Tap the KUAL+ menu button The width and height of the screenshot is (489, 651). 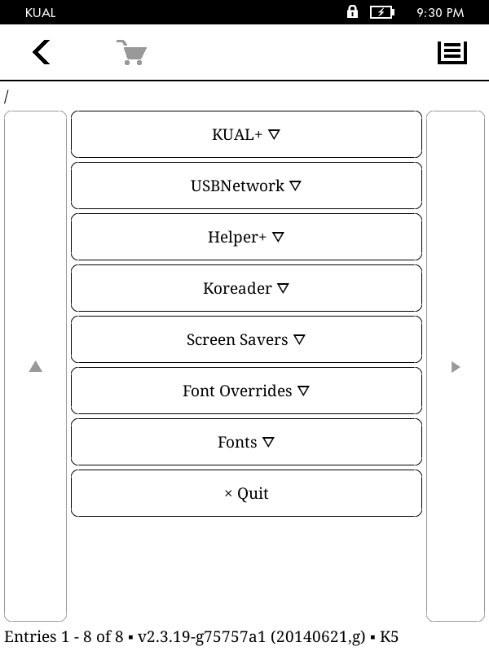[x=246, y=134]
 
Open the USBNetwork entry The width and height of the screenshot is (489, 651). [x=246, y=186]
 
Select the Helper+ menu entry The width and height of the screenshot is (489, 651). [x=246, y=237]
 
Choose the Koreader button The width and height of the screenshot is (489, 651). [x=246, y=288]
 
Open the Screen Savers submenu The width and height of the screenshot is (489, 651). [x=246, y=339]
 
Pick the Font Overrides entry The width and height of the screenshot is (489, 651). [x=246, y=391]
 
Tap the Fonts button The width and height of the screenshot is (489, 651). [x=246, y=442]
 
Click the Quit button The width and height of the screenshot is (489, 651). [x=246, y=493]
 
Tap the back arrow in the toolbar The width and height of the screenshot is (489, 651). [x=42, y=52]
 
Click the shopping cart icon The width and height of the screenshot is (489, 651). [x=132, y=52]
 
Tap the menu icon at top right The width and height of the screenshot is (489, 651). [x=452, y=53]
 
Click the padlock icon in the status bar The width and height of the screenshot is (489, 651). [x=352, y=11]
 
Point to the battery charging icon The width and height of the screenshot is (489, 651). [x=382, y=12]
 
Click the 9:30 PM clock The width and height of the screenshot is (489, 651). [x=440, y=13]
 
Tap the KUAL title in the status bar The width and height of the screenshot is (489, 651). [x=40, y=13]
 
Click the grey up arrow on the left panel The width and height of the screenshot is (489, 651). [x=36, y=366]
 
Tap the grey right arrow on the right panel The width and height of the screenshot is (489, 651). [x=456, y=367]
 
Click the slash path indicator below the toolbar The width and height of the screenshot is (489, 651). [x=7, y=97]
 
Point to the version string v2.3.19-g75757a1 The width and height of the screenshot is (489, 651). [x=201, y=636]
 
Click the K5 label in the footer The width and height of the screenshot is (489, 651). [x=390, y=636]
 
